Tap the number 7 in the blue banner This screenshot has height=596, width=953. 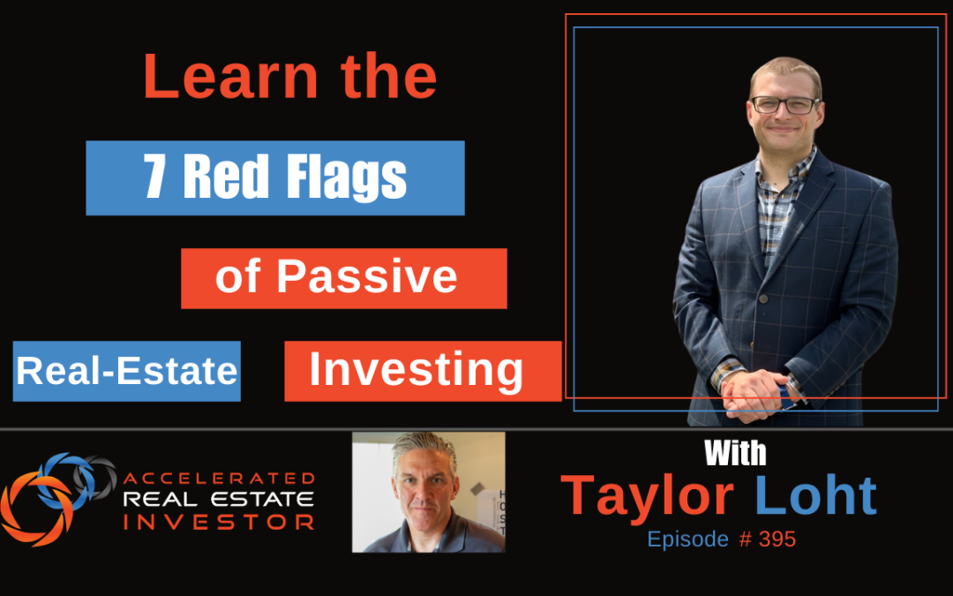tap(156, 177)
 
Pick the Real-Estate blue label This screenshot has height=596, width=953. tap(127, 372)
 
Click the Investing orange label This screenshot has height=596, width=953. tap(416, 371)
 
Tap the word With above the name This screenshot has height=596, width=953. tap(735, 454)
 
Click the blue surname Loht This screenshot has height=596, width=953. tap(816, 496)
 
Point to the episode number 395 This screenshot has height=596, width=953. tap(777, 539)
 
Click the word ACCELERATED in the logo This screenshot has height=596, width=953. tap(219, 479)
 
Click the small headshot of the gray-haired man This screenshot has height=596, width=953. tap(428, 492)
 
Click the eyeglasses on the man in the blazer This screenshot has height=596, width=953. tap(784, 104)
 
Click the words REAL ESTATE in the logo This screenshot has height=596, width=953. tap(219, 500)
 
